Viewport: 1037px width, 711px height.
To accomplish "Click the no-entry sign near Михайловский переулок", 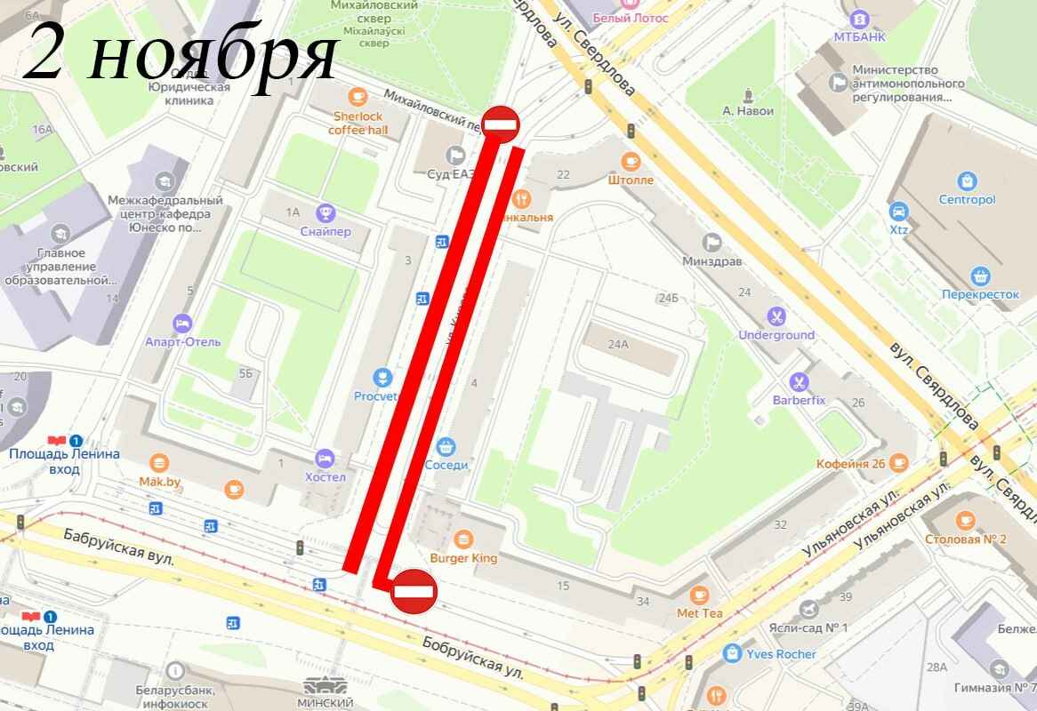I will tap(500, 123).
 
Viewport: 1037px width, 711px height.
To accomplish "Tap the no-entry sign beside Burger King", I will tap(413, 589).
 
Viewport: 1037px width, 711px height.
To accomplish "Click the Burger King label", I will tap(463, 559).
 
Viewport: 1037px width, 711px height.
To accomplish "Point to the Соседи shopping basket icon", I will tap(447, 445).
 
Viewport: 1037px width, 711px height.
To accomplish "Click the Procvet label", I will tap(375, 396).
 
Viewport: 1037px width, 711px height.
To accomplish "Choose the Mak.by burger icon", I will tap(160, 462).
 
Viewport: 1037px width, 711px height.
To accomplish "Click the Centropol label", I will tap(967, 199).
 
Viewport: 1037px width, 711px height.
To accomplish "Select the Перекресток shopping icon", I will tap(981, 275).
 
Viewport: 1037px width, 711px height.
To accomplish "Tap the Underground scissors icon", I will tap(776, 315).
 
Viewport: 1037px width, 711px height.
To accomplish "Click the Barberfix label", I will tap(799, 400).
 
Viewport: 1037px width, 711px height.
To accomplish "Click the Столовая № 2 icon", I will tap(966, 520).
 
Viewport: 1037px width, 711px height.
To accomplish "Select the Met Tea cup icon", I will tap(700, 594).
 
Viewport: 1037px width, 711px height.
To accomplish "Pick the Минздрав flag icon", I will tap(712, 242).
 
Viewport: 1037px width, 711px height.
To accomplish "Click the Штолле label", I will tap(631, 180).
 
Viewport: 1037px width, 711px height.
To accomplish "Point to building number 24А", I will tap(618, 344).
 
